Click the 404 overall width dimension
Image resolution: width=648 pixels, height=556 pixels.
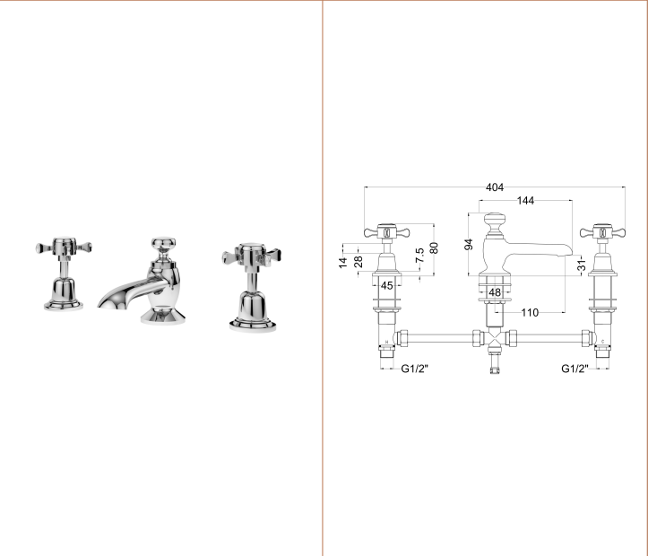point(495,187)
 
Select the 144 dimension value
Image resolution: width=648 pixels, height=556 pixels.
point(525,201)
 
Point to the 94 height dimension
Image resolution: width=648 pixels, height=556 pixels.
point(469,244)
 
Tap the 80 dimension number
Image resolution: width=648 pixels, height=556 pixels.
point(434,248)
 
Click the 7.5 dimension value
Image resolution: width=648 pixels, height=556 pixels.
point(419,256)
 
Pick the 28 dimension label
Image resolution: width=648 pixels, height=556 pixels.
point(359,262)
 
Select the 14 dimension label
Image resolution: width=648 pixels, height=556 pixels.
point(342,263)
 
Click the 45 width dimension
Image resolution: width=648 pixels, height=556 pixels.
point(386,286)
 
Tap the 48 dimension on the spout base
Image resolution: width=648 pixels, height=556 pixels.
point(495,292)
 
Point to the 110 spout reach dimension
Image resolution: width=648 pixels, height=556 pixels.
point(530,312)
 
